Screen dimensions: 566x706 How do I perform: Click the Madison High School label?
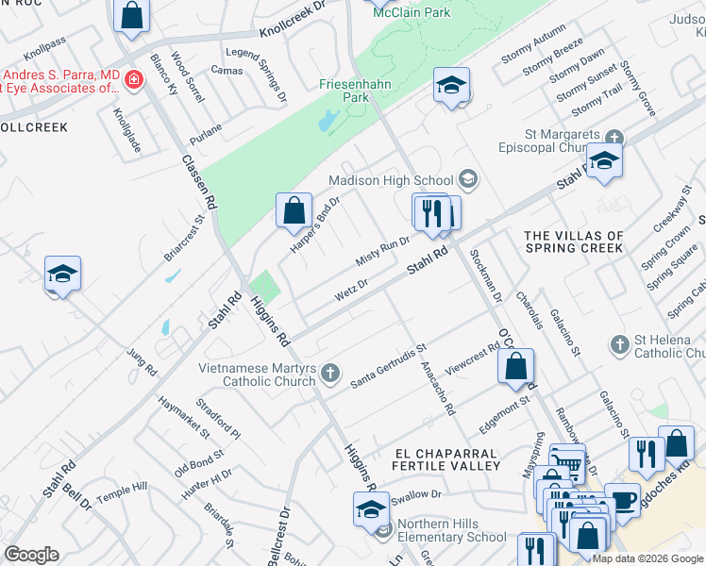[391, 180]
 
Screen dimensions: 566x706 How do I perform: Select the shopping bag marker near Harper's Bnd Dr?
[294, 209]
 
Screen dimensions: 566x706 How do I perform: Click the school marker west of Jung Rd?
[62, 275]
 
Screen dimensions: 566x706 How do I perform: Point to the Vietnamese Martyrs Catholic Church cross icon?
[330, 374]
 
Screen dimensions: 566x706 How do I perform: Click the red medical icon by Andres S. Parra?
[134, 79]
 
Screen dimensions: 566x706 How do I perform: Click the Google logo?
[31, 555]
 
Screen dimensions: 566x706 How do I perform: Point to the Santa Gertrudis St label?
[389, 367]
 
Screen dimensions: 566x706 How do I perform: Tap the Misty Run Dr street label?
[382, 251]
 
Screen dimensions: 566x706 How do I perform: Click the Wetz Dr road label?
[350, 290]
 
